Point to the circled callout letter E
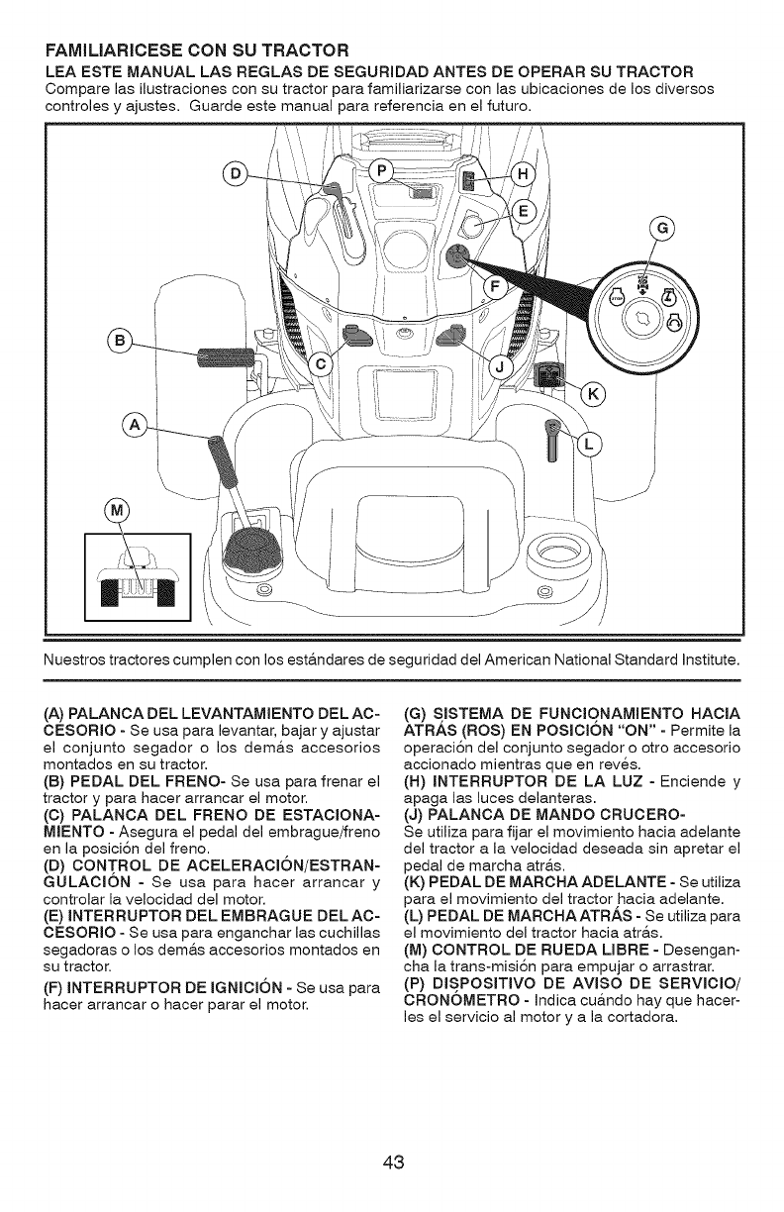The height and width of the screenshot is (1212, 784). pyautogui.click(x=527, y=212)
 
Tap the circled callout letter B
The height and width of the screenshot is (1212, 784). pyautogui.click(x=121, y=343)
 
